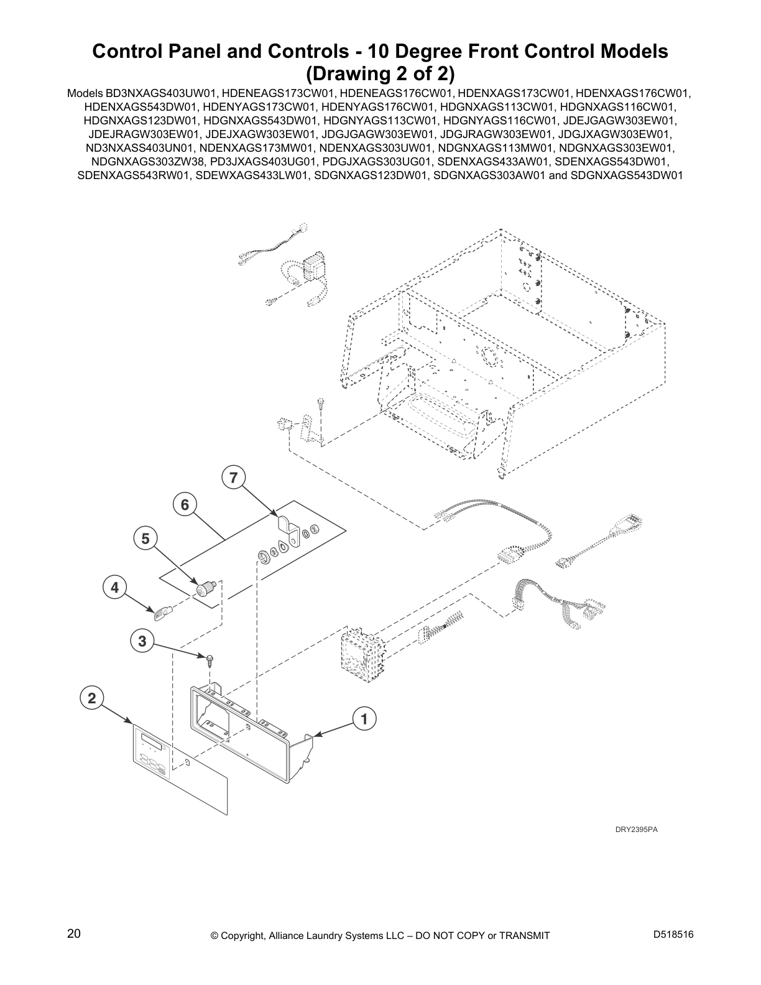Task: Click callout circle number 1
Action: point(364,719)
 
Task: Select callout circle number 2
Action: point(91,698)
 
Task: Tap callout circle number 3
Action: point(142,640)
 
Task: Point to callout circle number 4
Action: point(114,588)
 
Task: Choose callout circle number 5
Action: point(145,539)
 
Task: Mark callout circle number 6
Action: point(185,504)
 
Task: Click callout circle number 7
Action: point(233,478)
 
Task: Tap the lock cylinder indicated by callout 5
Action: point(205,588)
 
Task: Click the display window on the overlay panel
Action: point(152,739)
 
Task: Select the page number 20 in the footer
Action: point(73,934)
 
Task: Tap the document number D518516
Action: point(673,935)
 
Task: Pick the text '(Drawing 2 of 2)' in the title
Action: point(380,73)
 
